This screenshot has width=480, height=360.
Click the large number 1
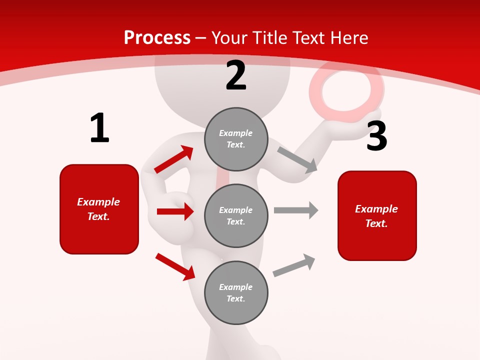click(99, 128)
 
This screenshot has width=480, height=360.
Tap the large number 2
click(236, 75)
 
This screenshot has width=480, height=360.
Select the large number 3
click(376, 136)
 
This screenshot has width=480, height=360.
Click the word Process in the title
click(157, 37)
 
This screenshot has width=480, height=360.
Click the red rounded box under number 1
click(99, 209)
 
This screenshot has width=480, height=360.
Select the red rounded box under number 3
click(377, 215)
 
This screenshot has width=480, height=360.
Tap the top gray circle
click(236, 139)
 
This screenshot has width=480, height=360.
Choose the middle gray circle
click(236, 215)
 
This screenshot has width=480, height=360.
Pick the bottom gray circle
click(236, 292)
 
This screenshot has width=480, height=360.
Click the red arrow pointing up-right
click(174, 159)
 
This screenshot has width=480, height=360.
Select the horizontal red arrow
click(175, 211)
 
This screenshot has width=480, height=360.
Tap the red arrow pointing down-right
click(175, 266)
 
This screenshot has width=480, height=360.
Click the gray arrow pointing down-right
click(297, 159)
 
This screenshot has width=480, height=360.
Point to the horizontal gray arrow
click(295, 210)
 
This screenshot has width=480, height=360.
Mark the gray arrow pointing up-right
click(294, 265)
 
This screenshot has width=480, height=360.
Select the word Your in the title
click(228, 37)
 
